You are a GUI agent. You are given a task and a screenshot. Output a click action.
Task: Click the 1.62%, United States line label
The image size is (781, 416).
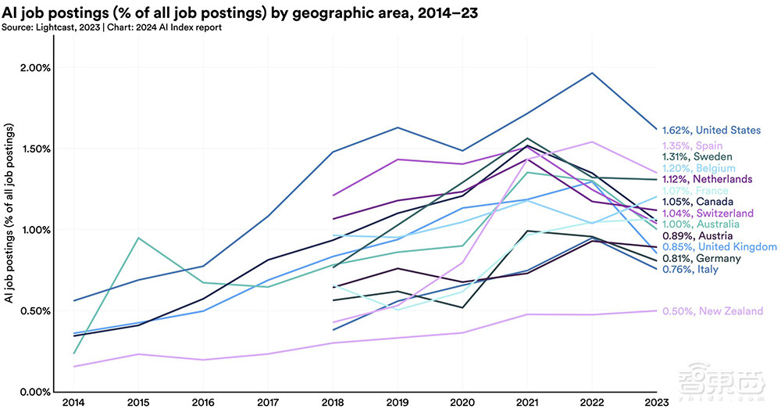(711, 130)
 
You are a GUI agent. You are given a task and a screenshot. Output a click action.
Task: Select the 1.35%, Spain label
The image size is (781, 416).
(692, 145)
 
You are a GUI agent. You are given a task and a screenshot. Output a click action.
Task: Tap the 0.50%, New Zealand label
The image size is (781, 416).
(712, 311)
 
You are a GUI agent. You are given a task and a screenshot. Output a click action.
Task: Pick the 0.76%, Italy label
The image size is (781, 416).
(690, 270)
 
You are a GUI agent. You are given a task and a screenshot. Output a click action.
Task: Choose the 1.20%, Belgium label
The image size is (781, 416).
(698, 168)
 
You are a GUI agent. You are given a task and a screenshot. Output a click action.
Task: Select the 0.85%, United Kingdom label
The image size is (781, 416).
(719, 247)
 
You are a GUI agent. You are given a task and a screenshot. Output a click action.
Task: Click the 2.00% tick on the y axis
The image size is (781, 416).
(34, 67)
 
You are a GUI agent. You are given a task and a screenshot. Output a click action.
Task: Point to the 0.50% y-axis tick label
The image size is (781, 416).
(34, 310)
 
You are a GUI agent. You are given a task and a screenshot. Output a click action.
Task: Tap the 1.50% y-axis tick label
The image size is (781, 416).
(34, 149)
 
